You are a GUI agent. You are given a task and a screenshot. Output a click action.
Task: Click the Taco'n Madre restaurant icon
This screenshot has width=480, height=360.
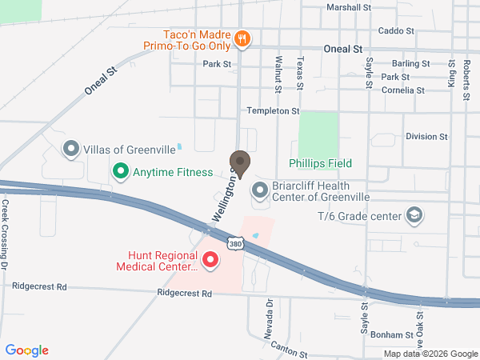point(242,38)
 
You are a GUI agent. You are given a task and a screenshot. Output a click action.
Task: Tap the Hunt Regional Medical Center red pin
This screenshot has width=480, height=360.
point(210,260)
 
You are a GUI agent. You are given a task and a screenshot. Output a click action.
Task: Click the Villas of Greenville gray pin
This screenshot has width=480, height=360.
point(71,149)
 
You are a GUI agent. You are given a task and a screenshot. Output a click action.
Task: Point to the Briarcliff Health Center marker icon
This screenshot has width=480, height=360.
point(260,190)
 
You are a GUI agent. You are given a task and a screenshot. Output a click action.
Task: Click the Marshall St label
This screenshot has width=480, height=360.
point(350,7)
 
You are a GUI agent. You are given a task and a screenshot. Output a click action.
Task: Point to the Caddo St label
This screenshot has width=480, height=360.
point(396,31)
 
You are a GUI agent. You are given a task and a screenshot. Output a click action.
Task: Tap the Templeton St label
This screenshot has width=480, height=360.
point(273,110)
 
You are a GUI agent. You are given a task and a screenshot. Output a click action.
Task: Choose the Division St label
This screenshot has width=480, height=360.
point(425,137)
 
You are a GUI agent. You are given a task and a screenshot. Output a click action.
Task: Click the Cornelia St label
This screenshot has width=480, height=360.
point(403,90)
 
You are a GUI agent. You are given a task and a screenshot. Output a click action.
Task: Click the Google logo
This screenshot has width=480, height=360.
point(27,350)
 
